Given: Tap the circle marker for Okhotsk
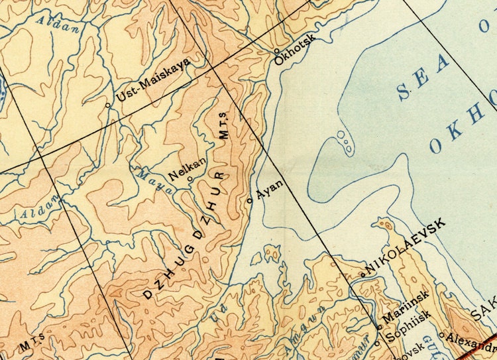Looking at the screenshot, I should [277, 50].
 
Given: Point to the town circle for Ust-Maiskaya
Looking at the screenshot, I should [109, 105].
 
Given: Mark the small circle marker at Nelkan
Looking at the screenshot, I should [190, 179].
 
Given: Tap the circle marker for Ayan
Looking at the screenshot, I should [250, 200].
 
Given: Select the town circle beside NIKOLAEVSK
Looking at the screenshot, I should [362, 274].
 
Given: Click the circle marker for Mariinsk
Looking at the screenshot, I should [378, 327].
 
